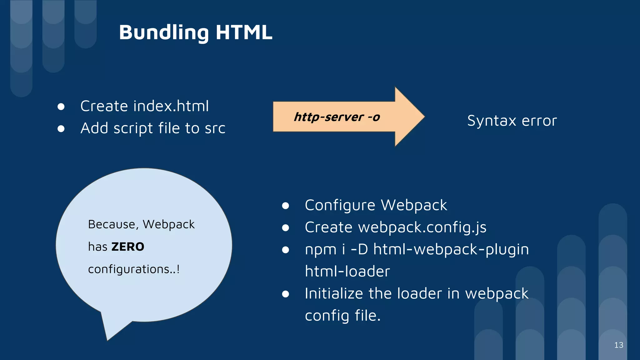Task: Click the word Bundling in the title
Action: pos(163,32)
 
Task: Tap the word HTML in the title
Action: pos(244,32)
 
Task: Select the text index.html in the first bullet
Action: pos(171,106)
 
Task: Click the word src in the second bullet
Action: pos(215,128)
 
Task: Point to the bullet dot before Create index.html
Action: pos(61,107)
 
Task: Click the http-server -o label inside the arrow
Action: pos(337,117)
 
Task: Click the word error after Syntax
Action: pos(539,121)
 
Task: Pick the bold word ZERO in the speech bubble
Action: pos(128,247)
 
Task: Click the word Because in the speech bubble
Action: pos(113,225)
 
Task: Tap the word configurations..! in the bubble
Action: pos(134,269)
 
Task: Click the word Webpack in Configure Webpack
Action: pos(414,205)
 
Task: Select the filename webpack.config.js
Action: pos(422,227)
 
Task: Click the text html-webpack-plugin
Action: pos(451,249)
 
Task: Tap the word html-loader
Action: pos(347,271)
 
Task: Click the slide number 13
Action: pos(619,345)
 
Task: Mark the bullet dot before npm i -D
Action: pos(285,250)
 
